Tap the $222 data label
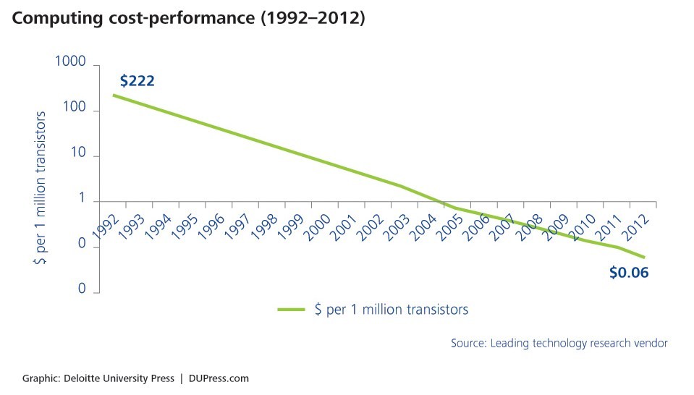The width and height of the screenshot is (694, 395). pos(137,80)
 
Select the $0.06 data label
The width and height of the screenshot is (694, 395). pos(629,273)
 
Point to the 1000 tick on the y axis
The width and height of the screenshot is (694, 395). pos(70,64)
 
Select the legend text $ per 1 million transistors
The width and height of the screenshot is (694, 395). pos(392,310)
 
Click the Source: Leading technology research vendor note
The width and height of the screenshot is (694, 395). pos(559,343)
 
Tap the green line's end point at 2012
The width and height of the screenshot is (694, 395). pos(644,257)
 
